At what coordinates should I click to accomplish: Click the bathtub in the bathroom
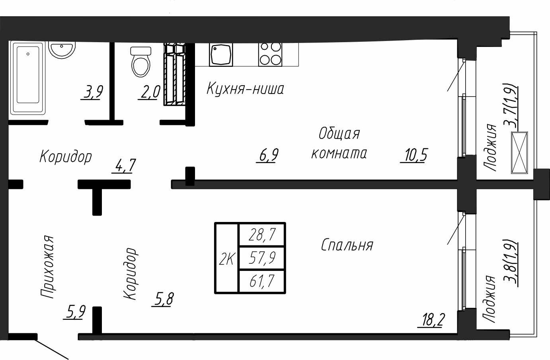[x=28, y=78]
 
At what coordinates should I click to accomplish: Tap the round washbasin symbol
[x=62, y=50]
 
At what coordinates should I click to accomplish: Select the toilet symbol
[x=141, y=62]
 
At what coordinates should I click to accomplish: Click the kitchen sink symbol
[x=221, y=55]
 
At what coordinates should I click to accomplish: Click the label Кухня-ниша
[x=245, y=89]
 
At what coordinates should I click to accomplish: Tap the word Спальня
[x=347, y=245]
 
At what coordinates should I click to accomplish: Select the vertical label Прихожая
[x=47, y=267]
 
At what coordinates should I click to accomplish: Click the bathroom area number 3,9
[x=92, y=92]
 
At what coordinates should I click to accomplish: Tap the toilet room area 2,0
[x=149, y=92]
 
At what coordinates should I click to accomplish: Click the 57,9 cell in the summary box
[x=262, y=258]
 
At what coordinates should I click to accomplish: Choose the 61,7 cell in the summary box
[x=262, y=281]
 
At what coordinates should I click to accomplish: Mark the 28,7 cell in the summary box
[x=262, y=235]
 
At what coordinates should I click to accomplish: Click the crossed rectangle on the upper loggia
[x=519, y=153]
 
